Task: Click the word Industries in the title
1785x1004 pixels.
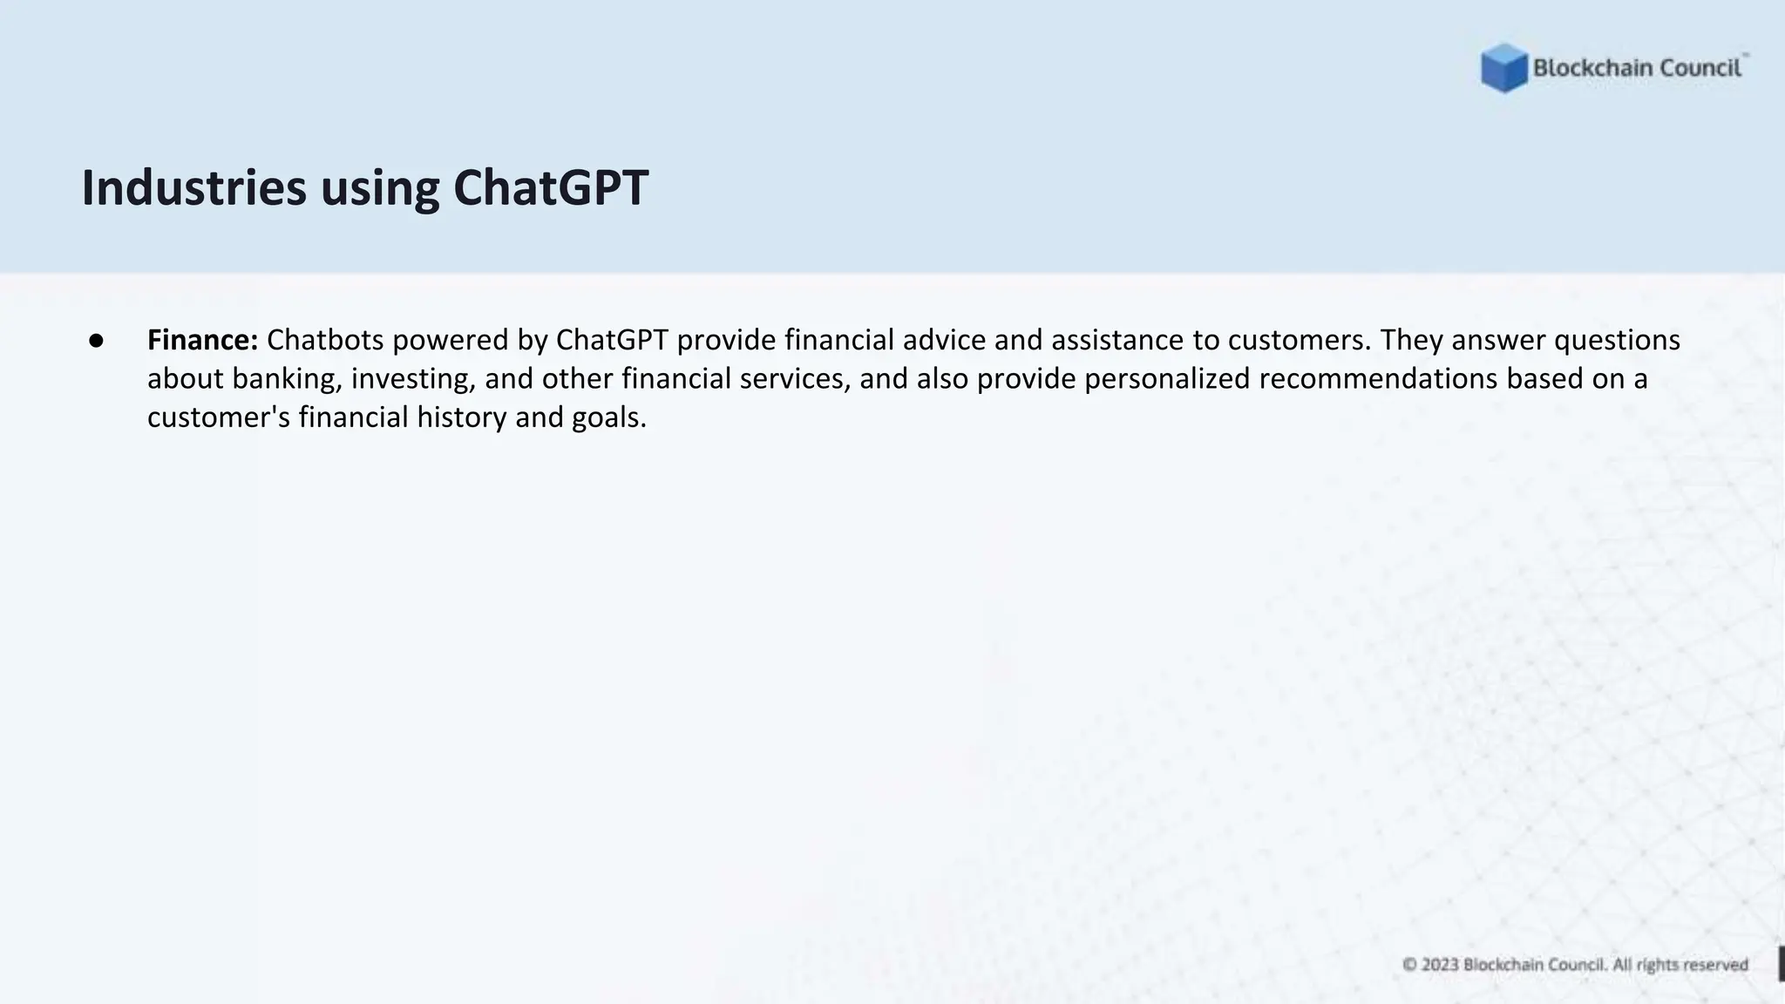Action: coord(193,188)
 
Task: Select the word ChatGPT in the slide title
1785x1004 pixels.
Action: coord(551,188)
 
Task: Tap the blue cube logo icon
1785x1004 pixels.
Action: coord(1503,68)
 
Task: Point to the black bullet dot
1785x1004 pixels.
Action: coord(96,341)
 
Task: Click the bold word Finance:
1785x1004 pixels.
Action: coord(202,340)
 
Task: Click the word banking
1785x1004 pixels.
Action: coord(287,379)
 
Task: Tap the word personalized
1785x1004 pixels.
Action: coord(1168,379)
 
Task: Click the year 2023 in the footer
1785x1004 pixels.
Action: coord(1440,965)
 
